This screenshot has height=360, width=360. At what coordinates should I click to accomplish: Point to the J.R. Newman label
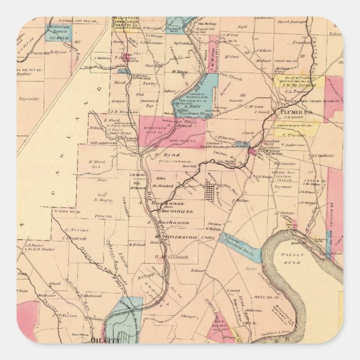[120, 112]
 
